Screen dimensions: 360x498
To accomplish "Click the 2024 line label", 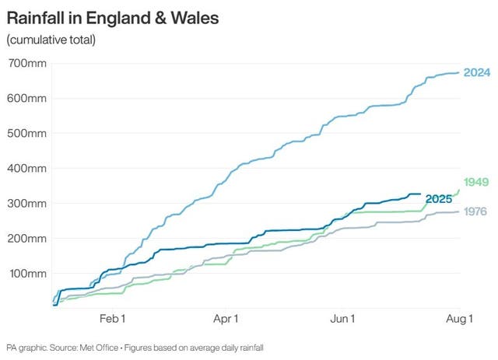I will (x=475, y=72).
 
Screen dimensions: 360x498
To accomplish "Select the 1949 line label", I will (x=475, y=182).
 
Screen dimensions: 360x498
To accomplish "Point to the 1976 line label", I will (x=475, y=211).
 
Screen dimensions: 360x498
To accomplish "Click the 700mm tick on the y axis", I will (x=27, y=63).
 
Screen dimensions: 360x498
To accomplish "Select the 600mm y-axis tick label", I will (x=27, y=98).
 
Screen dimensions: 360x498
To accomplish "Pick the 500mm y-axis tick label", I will (x=27, y=133).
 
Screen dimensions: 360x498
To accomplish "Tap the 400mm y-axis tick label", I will (x=27, y=168).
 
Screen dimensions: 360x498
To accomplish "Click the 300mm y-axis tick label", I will (x=27, y=203).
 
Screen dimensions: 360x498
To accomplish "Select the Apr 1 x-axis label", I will (x=226, y=319).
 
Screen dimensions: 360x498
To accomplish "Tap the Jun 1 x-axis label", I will (x=342, y=319).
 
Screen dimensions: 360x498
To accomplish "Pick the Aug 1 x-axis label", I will (x=458, y=319).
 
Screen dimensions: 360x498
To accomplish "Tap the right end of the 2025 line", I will (x=420, y=194).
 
